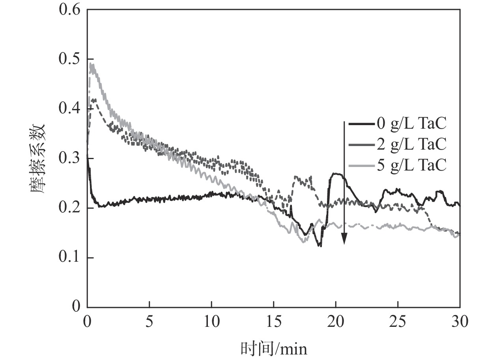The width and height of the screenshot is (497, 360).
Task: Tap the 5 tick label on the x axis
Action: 149,321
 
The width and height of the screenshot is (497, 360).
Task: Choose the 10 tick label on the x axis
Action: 211,321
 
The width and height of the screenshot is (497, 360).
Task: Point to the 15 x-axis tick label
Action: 273,321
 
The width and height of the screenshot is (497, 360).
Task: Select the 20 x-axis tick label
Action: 336,321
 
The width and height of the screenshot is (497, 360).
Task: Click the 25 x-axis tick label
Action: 398,321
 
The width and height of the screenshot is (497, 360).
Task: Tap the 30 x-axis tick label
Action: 460,321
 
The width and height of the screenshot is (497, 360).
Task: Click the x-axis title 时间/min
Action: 273,349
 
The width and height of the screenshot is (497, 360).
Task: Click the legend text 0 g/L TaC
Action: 411,124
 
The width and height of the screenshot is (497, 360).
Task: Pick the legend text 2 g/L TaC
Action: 411,145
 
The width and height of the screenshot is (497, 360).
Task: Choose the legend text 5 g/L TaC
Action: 411,165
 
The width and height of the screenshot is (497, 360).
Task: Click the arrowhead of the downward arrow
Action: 344,239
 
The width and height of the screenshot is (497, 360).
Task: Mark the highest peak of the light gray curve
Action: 92,64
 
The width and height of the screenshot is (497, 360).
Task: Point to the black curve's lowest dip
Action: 319,246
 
